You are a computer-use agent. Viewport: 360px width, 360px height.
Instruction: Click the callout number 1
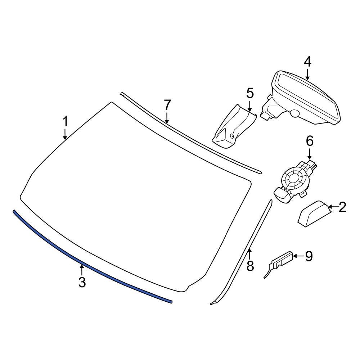[66, 121]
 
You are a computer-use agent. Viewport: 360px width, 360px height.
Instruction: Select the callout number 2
[342, 207]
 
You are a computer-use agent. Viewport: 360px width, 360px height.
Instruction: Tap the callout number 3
[82, 282]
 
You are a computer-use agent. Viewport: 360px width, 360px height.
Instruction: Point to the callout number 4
[308, 62]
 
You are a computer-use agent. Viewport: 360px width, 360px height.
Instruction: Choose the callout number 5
[250, 94]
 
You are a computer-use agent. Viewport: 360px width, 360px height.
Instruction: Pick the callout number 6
[310, 141]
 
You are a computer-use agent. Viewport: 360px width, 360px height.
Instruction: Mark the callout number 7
[167, 105]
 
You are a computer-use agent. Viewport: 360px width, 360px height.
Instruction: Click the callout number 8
[250, 266]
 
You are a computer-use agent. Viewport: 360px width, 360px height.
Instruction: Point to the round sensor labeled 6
[295, 182]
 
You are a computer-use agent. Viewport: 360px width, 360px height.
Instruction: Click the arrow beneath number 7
[167, 118]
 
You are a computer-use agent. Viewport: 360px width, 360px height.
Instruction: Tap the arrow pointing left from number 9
[298, 256]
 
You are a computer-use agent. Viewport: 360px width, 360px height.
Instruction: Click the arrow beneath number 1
[66, 134]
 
